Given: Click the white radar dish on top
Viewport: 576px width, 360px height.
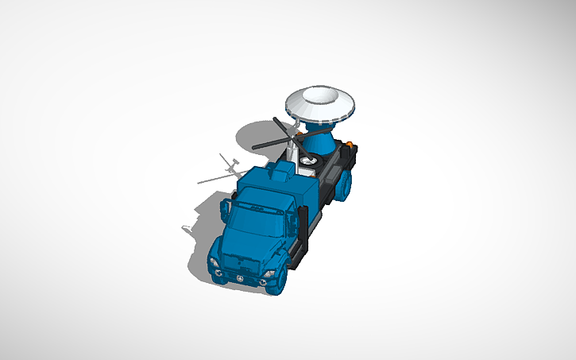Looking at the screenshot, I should [320, 103].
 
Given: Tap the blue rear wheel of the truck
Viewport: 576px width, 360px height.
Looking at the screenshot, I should [344, 185].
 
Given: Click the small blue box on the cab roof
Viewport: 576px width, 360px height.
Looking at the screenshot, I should [280, 170].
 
